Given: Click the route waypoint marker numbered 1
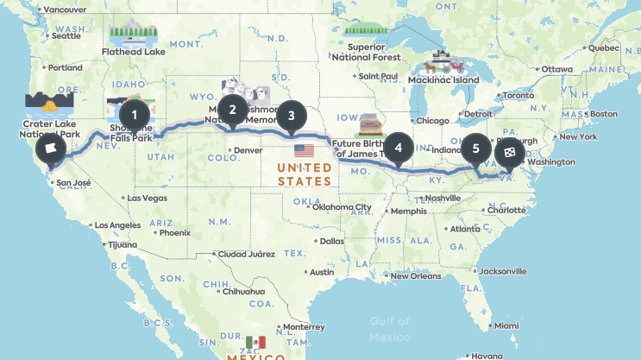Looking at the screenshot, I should pos(133,113).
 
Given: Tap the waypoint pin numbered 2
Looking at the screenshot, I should pos(232,109).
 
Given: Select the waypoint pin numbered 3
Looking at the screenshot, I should pos(291,115).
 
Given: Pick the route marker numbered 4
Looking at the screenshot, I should pos(398,147).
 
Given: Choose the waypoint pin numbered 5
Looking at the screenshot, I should pos(474,148).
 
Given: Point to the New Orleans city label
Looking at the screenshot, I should pos(418,276).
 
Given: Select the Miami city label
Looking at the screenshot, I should pos(507,325).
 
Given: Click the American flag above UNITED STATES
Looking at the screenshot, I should pos(304,150).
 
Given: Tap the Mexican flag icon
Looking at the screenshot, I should pos(255,343).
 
